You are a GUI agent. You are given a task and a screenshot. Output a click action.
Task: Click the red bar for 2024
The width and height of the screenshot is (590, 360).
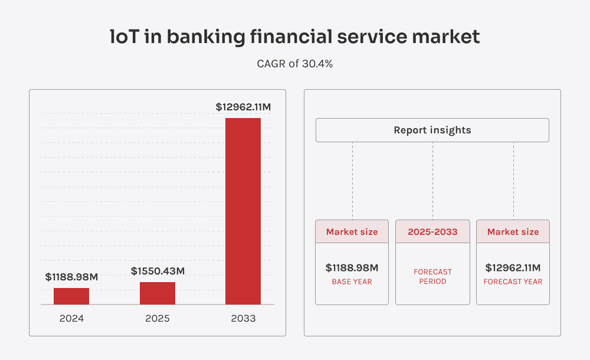(71, 296)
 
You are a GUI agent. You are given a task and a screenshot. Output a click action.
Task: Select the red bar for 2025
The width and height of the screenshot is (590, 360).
(158, 293)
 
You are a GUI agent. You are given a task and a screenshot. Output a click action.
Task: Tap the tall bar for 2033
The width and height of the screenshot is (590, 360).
(243, 211)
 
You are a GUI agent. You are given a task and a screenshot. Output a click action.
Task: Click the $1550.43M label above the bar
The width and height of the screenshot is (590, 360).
(158, 271)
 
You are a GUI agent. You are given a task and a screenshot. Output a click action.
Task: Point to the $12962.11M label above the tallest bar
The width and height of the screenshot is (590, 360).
(243, 107)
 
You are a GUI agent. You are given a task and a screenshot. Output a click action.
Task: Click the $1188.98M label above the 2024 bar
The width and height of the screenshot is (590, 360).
(71, 277)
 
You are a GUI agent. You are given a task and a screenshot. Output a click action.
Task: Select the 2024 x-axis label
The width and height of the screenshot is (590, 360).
(71, 319)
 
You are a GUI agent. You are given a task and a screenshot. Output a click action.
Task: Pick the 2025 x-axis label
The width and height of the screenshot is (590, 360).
(158, 319)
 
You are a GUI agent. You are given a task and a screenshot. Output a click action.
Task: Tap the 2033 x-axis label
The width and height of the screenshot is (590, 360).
(243, 319)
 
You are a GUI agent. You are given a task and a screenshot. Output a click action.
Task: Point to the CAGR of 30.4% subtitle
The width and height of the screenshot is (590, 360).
(295, 64)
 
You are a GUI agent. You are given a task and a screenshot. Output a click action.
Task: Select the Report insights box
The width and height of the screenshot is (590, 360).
(432, 130)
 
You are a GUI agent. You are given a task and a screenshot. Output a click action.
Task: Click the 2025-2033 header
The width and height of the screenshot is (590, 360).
(432, 232)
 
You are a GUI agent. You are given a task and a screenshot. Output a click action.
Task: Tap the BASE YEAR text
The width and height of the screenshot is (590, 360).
(352, 282)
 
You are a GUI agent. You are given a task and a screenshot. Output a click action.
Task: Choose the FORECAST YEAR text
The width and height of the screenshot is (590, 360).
(513, 282)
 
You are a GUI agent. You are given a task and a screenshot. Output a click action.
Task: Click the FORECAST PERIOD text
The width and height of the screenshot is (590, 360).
(432, 277)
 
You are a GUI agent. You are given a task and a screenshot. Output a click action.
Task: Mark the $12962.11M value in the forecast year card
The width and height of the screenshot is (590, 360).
(513, 268)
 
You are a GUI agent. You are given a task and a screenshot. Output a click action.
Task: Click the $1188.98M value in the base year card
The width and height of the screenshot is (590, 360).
(352, 268)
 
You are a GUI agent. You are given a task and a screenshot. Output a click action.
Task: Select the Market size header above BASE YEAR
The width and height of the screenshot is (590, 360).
(352, 232)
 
